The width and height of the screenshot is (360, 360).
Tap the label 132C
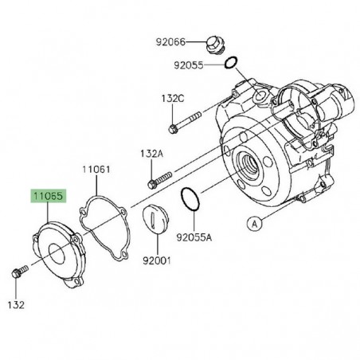click(172, 97)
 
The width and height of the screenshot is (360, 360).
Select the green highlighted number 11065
click(49, 194)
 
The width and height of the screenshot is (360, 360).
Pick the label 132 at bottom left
click(17, 305)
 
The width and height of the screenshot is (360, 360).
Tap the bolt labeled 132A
click(159, 176)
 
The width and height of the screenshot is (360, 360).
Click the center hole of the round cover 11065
click(57, 256)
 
